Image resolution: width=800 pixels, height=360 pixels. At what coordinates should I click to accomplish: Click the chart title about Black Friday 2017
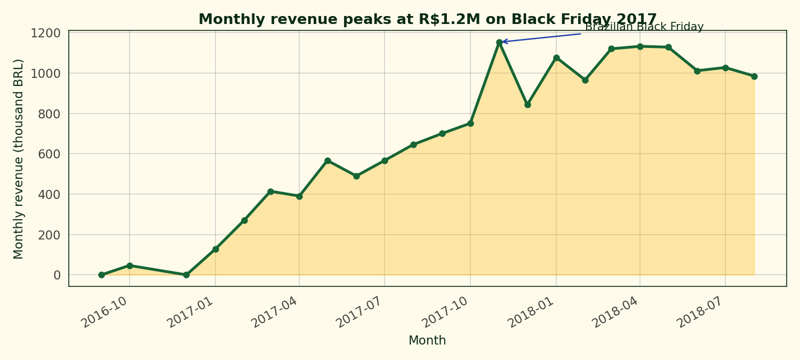(x=427, y=20)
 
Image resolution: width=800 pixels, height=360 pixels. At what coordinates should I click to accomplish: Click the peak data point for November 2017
(x=499, y=42)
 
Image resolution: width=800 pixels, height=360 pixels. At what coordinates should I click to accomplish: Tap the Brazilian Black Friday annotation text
(x=644, y=27)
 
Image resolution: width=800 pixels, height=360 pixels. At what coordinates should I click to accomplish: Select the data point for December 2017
(x=527, y=105)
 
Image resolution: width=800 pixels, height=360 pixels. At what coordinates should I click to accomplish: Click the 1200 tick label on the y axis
(x=45, y=34)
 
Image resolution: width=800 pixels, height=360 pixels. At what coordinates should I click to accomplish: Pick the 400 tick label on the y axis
(x=49, y=195)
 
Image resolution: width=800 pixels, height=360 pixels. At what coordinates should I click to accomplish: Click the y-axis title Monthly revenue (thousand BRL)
(x=19, y=159)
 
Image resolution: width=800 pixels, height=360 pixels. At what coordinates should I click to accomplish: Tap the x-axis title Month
(x=427, y=341)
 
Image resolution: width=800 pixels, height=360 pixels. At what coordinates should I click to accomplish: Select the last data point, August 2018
(x=754, y=76)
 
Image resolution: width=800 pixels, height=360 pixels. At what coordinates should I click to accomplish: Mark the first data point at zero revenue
(x=101, y=275)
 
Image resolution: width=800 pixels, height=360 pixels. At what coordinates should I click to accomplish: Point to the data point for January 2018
(x=556, y=58)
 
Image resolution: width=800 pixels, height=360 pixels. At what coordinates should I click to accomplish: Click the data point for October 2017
(x=470, y=123)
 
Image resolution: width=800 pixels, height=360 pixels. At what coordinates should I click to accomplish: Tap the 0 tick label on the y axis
(x=57, y=275)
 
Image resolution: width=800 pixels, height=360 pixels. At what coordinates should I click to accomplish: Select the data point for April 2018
(x=640, y=46)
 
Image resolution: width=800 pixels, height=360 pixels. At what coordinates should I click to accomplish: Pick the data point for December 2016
(x=186, y=275)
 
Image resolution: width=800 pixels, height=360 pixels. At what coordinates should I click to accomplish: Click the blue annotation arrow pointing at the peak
(x=541, y=38)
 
